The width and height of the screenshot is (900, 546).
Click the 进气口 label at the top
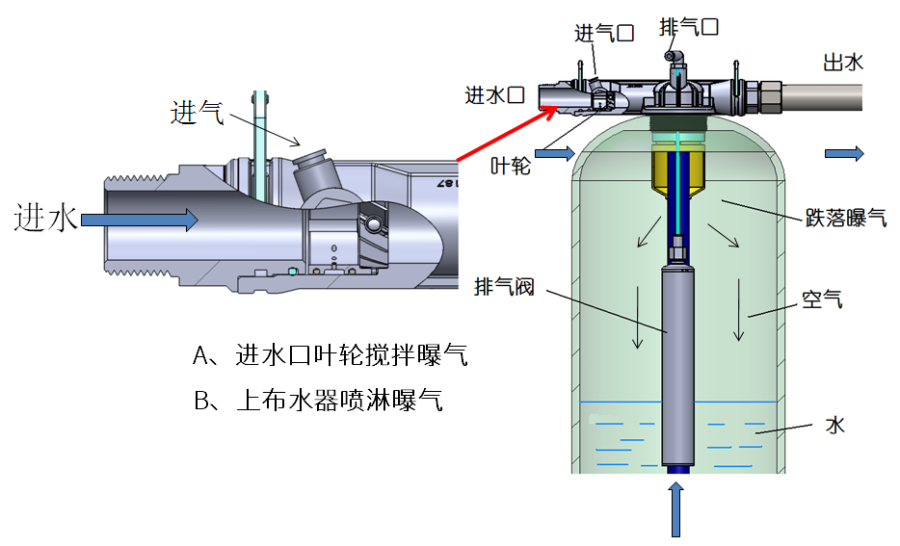604,34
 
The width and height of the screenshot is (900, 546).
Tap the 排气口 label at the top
689,26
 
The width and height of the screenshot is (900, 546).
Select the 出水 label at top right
843,62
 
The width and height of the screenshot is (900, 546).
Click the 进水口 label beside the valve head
494,94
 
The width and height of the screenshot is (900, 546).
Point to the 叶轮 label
511,166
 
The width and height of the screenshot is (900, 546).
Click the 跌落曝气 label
846,218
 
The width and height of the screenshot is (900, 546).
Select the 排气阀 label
505,286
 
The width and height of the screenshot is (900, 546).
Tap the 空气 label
822,299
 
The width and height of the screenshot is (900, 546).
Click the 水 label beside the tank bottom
835,426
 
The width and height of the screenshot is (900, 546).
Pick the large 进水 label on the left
45,218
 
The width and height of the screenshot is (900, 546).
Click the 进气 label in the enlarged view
197,113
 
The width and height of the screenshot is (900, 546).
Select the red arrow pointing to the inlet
507,134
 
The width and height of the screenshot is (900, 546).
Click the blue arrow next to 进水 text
140,220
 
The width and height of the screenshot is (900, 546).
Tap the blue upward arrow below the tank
676,509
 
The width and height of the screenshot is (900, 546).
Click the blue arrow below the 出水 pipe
844,153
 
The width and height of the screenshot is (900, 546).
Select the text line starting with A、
331,355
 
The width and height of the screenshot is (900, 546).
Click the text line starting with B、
319,400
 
